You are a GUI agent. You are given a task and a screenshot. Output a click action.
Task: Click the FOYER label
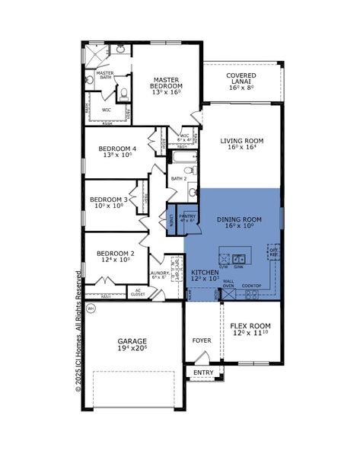pos(202,340)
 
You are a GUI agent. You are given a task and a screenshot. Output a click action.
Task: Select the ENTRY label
pos(203,372)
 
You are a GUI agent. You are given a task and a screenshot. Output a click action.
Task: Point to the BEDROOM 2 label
pos(111,257)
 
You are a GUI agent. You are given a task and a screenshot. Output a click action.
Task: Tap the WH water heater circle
pos(91,308)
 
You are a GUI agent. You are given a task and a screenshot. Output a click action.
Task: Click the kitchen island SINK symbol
pos(239,257)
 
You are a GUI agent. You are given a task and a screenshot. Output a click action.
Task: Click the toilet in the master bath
pos(124,94)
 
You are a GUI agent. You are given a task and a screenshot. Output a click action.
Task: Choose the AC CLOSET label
pos(138,292)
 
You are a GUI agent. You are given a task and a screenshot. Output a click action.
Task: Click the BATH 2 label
pos(179,179)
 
